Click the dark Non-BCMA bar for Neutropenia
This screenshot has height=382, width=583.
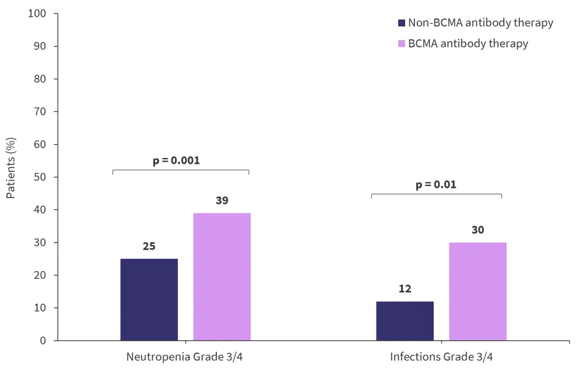[x=149, y=299]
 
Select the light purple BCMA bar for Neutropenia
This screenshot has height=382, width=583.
[x=222, y=276]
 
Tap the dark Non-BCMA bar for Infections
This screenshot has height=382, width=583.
[x=405, y=321]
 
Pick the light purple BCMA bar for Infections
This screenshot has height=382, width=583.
[x=477, y=291]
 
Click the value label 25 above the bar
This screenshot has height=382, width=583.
[x=149, y=246]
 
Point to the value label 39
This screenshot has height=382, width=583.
[x=222, y=201]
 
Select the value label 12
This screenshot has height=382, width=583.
[x=405, y=289]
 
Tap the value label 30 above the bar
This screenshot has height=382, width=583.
[x=477, y=230]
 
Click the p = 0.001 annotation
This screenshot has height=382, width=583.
[x=176, y=160]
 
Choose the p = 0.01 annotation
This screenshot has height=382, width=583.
[x=436, y=185]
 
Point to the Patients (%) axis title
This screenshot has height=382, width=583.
[x=11, y=169]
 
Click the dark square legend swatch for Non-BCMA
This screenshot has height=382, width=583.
[x=401, y=23]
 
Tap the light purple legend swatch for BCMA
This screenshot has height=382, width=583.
[x=401, y=44]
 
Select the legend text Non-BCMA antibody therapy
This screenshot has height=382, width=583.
[x=480, y=23]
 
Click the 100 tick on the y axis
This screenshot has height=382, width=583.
[x=38, y=13]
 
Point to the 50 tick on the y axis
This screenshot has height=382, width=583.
[x=41, y=177]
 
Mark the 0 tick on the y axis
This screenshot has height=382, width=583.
[x=45, y=341]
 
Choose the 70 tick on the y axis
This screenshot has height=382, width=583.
[x=41, y=111]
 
